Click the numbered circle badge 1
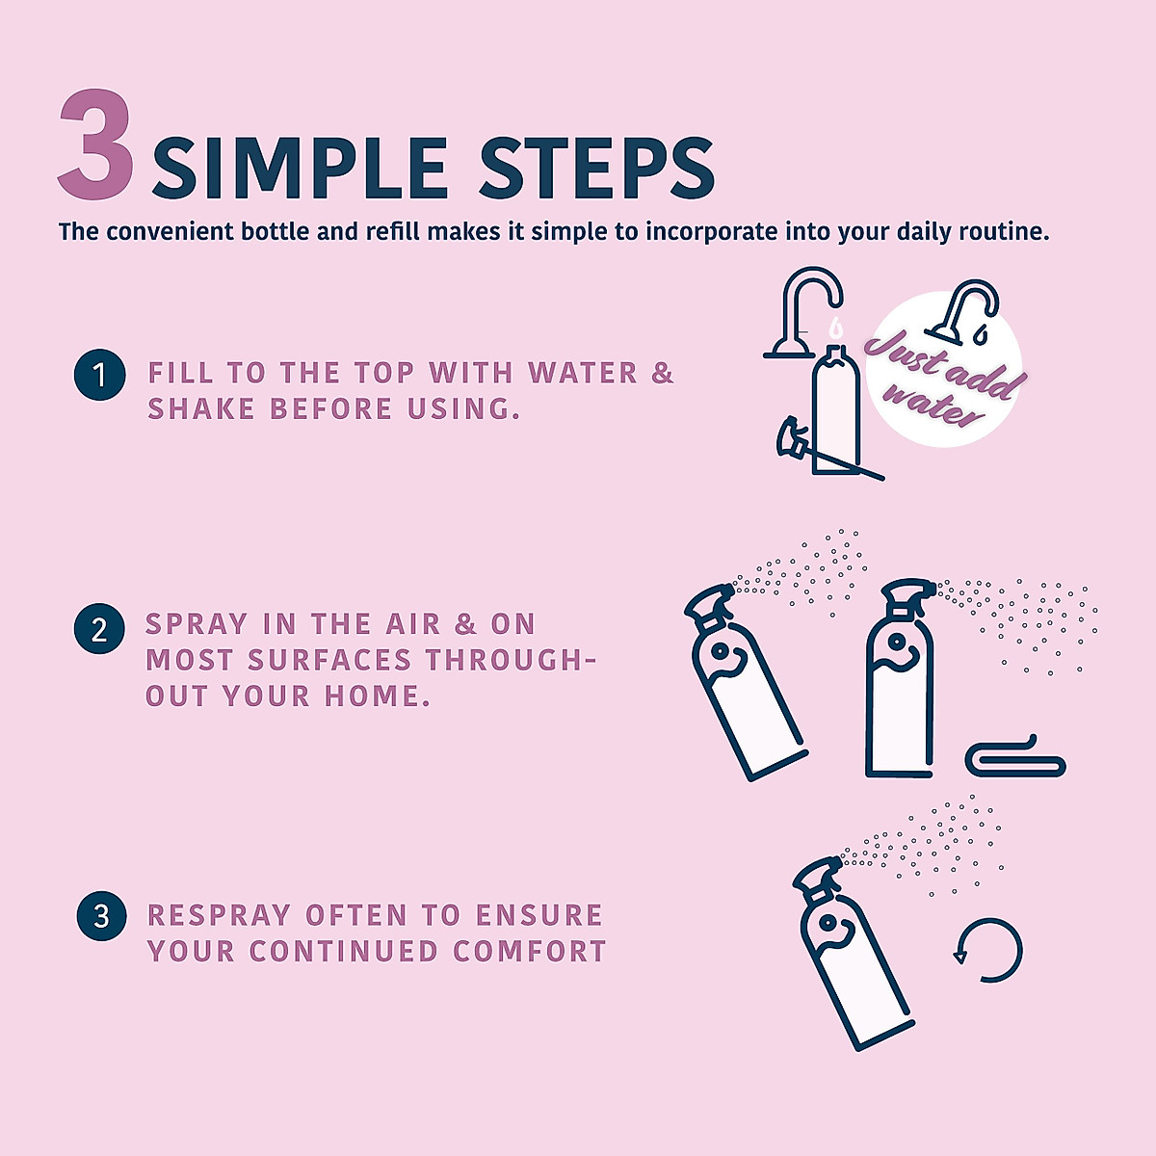point(100,375)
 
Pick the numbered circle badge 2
point(99,630)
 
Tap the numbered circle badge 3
point(101,915)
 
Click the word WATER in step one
point(583,373)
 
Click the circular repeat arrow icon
point(987,950)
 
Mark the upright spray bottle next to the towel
point(900,684)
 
